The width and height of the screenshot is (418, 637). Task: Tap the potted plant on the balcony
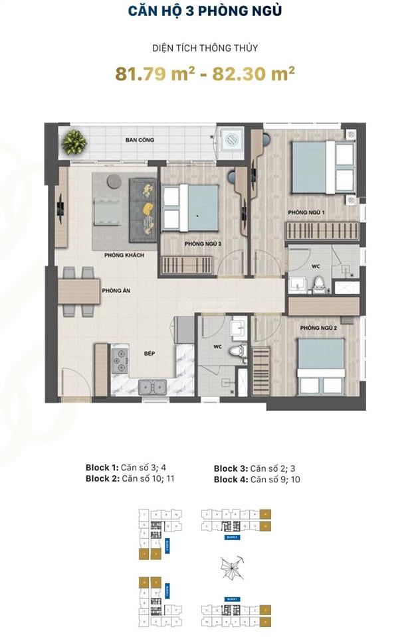[74, 141]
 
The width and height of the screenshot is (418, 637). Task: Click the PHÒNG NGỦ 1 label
[306, 212]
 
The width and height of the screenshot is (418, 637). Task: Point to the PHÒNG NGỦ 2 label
[318, 328]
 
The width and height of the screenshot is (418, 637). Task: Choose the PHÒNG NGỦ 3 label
[203, 244]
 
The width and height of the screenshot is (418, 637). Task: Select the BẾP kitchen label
[150, 354]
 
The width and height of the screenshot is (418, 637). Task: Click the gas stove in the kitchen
[121, 360]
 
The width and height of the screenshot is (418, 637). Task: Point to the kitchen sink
[149, 385]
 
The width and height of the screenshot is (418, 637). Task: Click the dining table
[78, 291]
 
